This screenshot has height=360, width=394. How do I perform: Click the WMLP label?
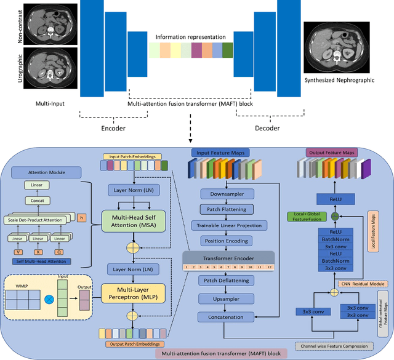coord(24,286)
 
